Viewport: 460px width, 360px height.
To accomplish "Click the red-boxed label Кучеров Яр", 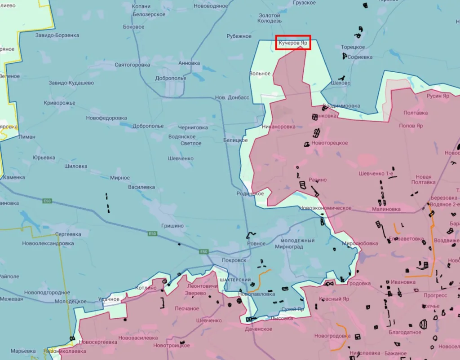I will tap(293, 43).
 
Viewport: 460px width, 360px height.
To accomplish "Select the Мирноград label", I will tap(289, 247).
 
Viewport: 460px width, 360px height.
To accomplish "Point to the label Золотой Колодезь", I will tap(270, 18).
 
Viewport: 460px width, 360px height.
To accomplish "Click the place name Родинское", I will tap(250, 193).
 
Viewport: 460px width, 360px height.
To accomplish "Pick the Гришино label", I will tap(172, 226).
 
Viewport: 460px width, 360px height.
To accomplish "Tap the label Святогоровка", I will tap(132, 65).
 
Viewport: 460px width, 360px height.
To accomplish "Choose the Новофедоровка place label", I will tap(106, 118).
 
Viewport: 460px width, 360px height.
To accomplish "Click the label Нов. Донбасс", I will tap(232, 97).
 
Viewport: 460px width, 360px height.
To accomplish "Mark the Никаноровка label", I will tap(279, 127).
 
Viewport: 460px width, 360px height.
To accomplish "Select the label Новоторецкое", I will tap(330, 143).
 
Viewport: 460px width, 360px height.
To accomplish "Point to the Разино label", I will tap(318, 180).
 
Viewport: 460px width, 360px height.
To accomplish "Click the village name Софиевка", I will tap(360, 57).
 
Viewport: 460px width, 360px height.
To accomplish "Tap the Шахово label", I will tap(340, 83).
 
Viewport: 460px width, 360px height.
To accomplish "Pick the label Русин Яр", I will tap(438, 96).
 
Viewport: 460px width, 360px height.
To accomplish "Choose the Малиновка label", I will tap(386, 209).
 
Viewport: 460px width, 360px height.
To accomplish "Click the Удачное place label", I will tap(109, 299).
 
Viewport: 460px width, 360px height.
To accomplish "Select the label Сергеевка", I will tap(68, 234).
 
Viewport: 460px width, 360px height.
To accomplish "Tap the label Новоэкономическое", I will tap(325, 208).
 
